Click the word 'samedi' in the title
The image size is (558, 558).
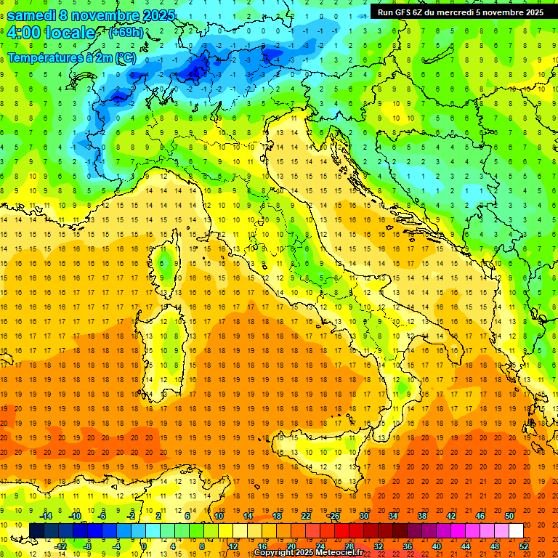[x=31, y=15]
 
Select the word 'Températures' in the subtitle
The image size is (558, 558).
[x=42, y=57]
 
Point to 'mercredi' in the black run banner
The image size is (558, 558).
[x=456, y=12]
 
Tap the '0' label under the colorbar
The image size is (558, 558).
[x=144, y=546]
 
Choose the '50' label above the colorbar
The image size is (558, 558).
[x=509, y=515]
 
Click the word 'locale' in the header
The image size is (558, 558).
[x=70, y=33]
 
